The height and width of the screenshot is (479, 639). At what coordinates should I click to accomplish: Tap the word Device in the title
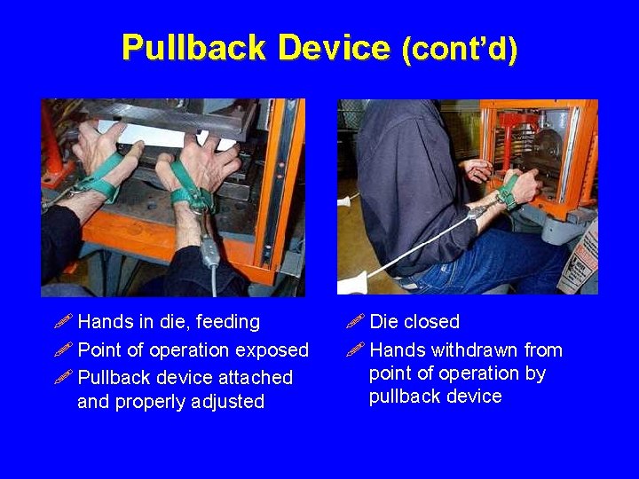coord(334,47)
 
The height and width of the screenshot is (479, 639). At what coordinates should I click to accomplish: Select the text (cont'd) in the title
coord(460,50)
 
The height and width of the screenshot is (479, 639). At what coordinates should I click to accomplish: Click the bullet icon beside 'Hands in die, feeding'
coord(64,321)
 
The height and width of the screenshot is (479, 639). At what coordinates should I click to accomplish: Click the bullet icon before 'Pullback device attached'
coord(64,377)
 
